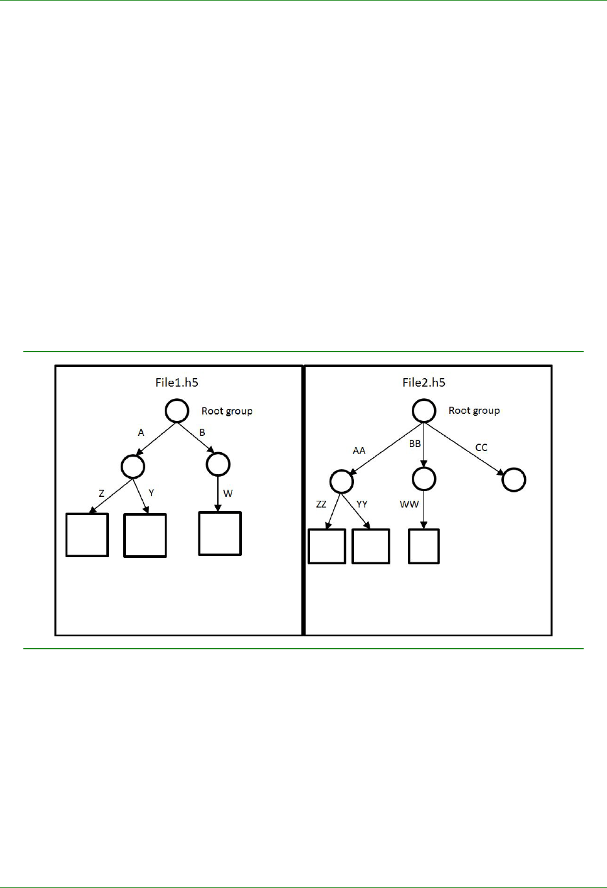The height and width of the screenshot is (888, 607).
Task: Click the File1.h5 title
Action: (x=176, y=382)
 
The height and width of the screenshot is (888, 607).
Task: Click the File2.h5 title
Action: (x=423, y=382)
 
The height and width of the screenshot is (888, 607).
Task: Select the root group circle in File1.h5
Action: (x=177, y=411)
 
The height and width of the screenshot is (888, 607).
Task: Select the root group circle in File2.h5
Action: (x=424, y=411)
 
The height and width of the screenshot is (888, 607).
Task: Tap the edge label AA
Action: (x=359, y=450)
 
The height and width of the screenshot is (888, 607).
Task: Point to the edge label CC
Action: (x=481, y=448)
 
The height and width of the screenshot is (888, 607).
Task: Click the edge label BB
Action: (x=415, y=444)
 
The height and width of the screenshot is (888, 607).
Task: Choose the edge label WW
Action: (x=409, y=504)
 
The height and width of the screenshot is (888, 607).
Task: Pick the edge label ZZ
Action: (x=321, y=504)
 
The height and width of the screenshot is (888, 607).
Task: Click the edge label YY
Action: (x=362, y=504)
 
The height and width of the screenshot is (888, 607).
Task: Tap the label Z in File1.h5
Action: (x=101, y=494)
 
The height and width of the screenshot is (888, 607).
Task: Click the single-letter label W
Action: (x=228, y=494)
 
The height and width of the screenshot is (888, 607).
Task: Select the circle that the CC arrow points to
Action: (x=514, y=480)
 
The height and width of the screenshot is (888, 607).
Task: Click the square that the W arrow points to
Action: (x=220, y=534)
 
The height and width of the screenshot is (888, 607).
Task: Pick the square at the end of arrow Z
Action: (x=87, y=535)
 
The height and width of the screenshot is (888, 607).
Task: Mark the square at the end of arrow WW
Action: (x=423, y=546)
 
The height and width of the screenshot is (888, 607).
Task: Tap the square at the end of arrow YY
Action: (x=370, y=546)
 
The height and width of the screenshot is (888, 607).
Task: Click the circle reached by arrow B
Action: (x=218, y=464)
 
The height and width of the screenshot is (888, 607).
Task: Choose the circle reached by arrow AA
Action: (x=342, y=482)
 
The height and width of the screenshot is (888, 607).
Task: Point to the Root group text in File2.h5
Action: (x=474, y=411)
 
